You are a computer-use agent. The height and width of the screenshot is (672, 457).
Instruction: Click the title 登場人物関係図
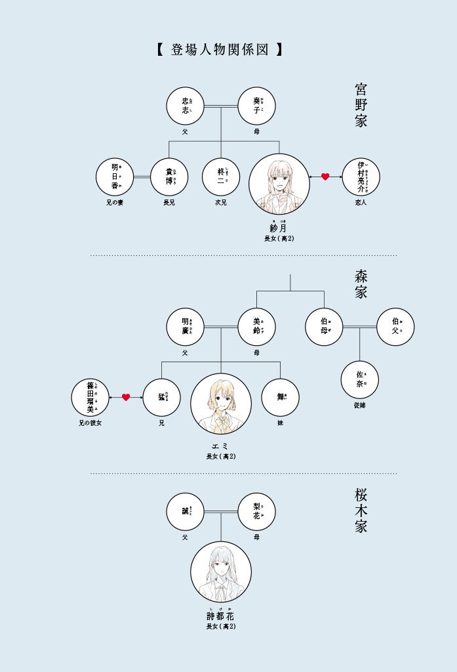[x=220, y=49]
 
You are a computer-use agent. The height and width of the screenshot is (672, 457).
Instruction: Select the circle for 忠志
[x=186, y=106]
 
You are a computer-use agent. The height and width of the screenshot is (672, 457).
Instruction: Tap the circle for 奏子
[x=256, y=106]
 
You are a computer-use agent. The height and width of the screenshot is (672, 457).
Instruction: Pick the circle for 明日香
[x=115, y=177]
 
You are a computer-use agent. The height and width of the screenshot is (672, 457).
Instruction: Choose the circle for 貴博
[x=169, y=177]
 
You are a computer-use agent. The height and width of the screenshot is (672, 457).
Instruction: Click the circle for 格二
[x=221, y=177]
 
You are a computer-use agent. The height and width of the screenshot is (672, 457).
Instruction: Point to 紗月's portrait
[x=279, y=184]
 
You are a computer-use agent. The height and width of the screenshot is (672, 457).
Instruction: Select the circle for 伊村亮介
[x=361, y=177]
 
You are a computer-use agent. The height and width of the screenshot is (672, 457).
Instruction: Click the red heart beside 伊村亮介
[x=325, y=177]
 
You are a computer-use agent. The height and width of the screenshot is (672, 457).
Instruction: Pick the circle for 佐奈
[x=359, y=379]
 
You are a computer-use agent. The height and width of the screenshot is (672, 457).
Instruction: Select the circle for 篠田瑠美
[x=90, y=397]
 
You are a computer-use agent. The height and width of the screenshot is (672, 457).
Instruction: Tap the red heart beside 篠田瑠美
[x=126, y=397]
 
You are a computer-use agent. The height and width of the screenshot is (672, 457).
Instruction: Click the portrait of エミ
[x=221, y=404]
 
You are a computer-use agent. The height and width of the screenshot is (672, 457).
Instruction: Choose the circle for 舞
[x=280, y=397]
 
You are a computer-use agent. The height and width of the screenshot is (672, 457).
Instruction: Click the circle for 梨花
[x=256, y=512]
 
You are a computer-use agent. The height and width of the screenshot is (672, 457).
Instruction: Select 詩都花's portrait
[x=221, y=572]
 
